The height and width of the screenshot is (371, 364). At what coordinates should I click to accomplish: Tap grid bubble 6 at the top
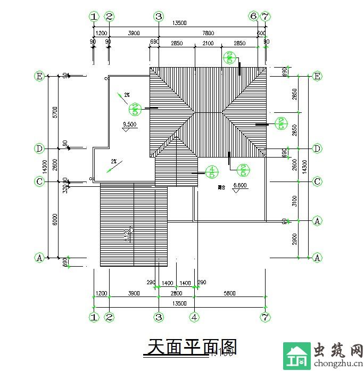(x=253, y=17)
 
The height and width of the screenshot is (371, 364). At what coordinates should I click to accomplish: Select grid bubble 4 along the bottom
(x=195, y=317)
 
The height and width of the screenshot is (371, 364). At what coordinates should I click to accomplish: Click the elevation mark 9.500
(x=129, y=125)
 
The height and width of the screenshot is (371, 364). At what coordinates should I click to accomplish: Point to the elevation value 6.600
(x=241, y=186)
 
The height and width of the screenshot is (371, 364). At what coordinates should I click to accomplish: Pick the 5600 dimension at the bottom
(x=230, y=293)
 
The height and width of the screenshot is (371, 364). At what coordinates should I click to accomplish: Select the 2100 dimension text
(x=209, y=43)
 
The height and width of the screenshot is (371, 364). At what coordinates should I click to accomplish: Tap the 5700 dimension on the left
(x=55, y=112)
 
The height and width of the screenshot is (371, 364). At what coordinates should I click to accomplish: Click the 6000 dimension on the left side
(x=55, y=219)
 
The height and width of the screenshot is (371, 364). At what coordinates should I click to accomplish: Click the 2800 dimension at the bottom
(x=176, y=293)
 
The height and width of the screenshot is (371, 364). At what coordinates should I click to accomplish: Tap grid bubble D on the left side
(x=39, y=148)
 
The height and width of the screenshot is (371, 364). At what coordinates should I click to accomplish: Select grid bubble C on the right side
(x=317, y=182)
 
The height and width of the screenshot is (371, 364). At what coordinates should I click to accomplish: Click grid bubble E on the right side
(x=317, y=76)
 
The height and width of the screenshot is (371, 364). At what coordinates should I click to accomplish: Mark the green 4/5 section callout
(x=212, y=171)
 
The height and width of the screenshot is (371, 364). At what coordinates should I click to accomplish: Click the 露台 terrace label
(x=221, y=187)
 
